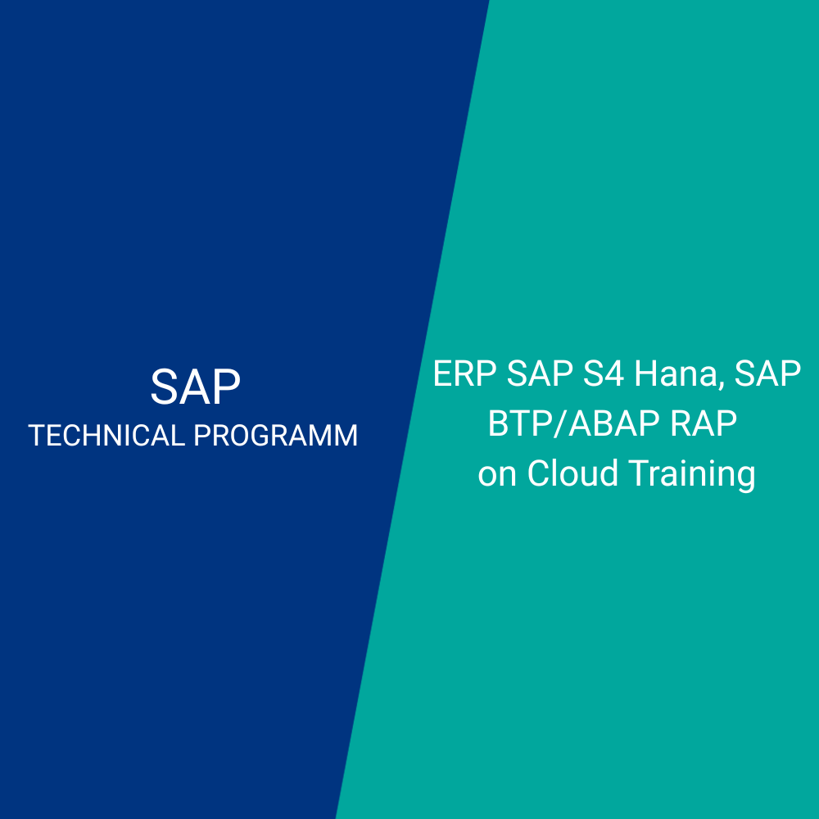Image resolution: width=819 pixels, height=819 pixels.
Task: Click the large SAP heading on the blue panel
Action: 196,387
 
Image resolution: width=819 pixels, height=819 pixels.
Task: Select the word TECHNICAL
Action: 106,435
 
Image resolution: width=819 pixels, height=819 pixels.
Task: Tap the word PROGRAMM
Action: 276,435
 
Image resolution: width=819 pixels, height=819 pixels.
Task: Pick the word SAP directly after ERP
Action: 540,373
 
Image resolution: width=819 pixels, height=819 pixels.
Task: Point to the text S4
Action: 604,373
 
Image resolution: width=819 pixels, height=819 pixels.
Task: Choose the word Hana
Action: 676,373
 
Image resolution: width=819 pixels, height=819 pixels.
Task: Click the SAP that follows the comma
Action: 768,373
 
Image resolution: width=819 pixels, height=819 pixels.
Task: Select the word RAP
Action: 703,423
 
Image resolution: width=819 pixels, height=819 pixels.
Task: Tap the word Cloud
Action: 573,473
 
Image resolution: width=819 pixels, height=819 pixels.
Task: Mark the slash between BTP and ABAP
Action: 560,423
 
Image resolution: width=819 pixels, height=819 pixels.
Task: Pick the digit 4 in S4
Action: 614,373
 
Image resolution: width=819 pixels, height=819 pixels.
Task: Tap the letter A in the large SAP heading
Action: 196,387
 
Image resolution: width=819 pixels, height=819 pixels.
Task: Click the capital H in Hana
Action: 645,373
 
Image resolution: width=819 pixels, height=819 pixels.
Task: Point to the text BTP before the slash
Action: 520,423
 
